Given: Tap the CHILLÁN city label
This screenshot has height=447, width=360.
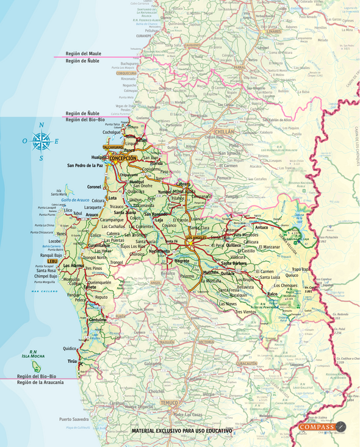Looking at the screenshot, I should pyautogui.click(x=224, y=131).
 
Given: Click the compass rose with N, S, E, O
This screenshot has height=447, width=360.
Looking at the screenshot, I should pyautogui.click(x=41, y=141).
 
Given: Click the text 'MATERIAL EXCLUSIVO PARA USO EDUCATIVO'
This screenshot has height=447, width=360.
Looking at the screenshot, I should pyautogui.click(x=182, y=431).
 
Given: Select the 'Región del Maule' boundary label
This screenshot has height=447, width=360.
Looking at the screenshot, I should pyautogui.click(x=84, y=54).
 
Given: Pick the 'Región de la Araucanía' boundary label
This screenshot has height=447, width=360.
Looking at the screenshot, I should pyautogui.click(x=40, y=382).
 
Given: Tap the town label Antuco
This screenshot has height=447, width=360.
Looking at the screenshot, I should pyautogui.click(x=262, y=227).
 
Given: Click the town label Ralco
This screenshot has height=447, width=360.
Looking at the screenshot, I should pyautogui.click(x=272, y=294).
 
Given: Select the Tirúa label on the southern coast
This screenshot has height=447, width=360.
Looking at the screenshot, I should pyautogui.click(x=73, y=362).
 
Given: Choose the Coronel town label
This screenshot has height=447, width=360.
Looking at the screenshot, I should pyautogui.click(x=95, y=187).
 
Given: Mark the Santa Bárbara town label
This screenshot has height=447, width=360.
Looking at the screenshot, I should pyautogui.click(x=234, y=263).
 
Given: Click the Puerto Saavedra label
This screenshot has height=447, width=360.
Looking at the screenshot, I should pyautogui.click(x=74, y=419).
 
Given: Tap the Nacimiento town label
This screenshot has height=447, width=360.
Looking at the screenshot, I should pyautogui.click(x=159, y=251).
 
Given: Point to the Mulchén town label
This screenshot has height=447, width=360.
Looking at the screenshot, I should pyautogui.click(x=211, y=272).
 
